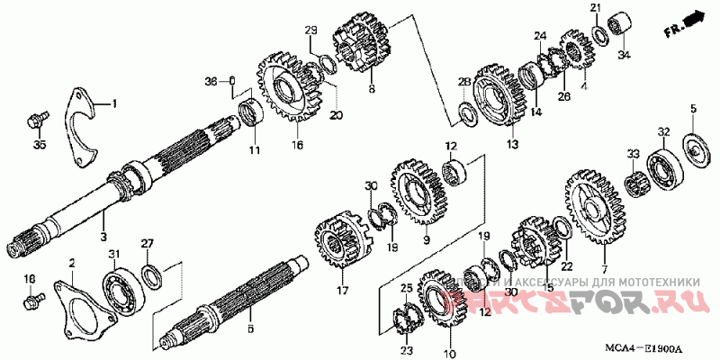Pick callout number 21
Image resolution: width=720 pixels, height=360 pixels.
pyautogui.click(x=595, y=8)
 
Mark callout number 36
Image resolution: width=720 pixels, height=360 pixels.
pyautogui.click(x=211, y=81)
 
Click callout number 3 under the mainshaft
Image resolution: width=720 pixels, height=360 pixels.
pyautogui.click(x=103, y=237)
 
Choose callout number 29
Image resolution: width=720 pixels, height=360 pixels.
pyautogui.click(x=310, y=31)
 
